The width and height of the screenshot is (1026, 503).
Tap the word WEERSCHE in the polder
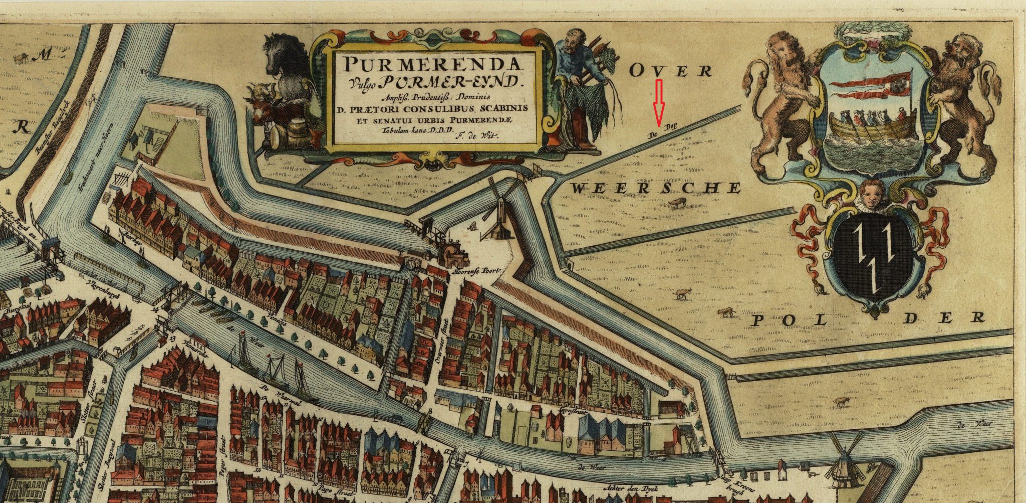[655, 188]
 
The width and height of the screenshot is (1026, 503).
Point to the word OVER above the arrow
[670, 71]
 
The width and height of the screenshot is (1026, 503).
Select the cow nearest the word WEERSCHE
[677, 203]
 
